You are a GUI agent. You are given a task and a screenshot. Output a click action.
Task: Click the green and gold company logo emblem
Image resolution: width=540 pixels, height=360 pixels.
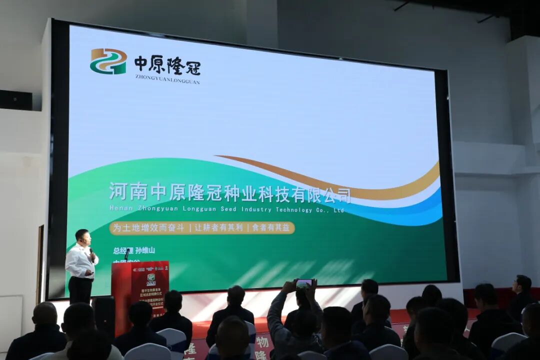coord(108,61)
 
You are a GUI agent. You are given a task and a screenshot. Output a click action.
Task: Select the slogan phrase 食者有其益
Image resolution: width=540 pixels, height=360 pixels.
coord(271,228)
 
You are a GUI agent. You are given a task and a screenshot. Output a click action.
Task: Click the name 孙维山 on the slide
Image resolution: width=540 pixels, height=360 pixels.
coord(145,250)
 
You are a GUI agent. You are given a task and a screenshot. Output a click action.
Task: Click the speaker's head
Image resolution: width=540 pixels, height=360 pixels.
coord(82,236)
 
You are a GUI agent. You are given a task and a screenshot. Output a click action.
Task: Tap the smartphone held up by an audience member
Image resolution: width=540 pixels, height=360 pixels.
coord(304,284)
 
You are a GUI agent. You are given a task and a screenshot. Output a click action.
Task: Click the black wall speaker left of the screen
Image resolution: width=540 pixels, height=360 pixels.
coord(16,100)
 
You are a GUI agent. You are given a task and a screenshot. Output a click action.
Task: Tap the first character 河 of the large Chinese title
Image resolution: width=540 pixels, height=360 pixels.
coord(118,190)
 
